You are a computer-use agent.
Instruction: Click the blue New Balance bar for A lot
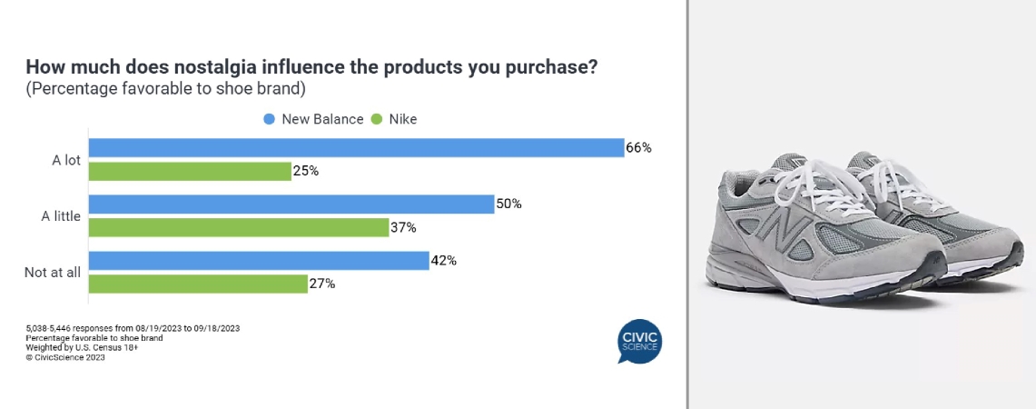[x=356, y=147]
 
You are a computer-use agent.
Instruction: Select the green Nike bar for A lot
[x=190, y=172]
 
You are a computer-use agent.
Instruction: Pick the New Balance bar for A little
[x=291, y=204]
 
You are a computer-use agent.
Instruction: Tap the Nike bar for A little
[x=239, y=227]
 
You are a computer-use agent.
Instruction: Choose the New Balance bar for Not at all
[x=259, y=261]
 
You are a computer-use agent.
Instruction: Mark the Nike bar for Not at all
[x=198, y=284]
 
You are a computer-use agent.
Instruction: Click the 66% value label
[x=639, y=148]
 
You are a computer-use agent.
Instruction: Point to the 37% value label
[x=403, y=227]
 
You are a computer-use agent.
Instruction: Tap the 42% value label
[x=444, y=261]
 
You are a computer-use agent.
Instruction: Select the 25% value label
[x=306, y=172]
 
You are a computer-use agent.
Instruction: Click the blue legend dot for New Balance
[x=269, y=119]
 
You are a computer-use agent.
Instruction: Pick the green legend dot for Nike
[x=377, y=119]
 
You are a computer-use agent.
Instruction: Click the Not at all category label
[x=52, y=272]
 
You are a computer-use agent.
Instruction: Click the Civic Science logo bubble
[x=639, y=341]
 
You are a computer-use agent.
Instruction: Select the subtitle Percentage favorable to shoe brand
[x=166, y=89]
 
